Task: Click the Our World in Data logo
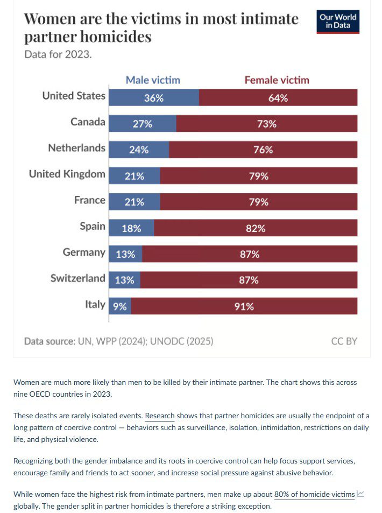(337, 21)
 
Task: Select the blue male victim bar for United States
(154, 98)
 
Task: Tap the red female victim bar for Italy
(244, 306)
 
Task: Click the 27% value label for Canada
(143, 124)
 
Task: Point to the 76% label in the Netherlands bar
(263, 150)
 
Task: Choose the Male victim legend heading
(153, 80)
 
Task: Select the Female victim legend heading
(277, 80)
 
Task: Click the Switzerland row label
(77, 278)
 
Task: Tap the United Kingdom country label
(67, 174)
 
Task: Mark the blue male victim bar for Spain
(131, 228)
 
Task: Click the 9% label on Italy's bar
(120, 306)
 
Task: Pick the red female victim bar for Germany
(250, 254)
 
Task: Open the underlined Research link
(160, 416)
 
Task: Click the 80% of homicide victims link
(314, 494)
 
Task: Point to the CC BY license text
(344, 341)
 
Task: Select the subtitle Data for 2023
(58, 54)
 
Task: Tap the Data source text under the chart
(118, 341)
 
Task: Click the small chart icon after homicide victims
(360, 494)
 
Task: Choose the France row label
(89, 200)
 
